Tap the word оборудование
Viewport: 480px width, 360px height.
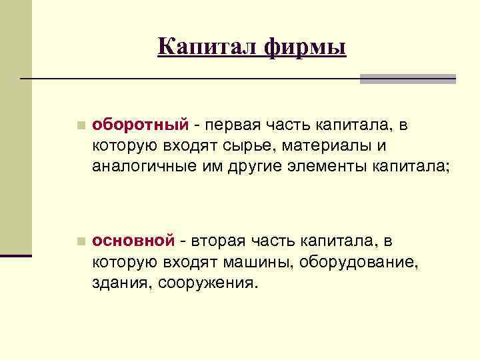(x=359, y=261)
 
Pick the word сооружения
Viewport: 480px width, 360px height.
(x=207, y=283)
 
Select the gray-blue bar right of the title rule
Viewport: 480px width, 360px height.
(x=407, y=79)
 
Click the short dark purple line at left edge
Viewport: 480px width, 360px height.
(x=16, y=255)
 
